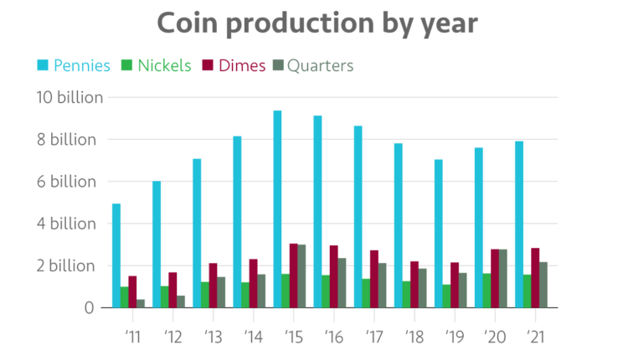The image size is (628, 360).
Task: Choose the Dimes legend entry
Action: (235, 65)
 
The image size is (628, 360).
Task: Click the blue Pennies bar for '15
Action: (277, 209)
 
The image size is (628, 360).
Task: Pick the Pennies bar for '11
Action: (116, 255)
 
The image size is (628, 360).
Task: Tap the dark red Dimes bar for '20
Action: (495, 279)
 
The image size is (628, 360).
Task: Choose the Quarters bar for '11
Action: (141, 303)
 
